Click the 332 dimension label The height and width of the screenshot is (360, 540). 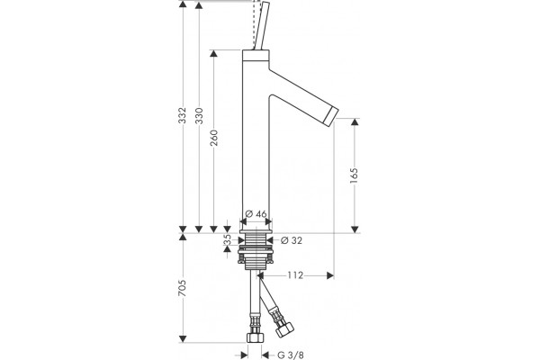click(x=182, y=115)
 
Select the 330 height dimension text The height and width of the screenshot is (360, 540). click(x=199, y=116)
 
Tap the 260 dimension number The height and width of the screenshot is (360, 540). click(x=214, y=138)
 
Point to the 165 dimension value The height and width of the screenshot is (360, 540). click(x=354, y=175)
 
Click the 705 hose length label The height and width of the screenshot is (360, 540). click(x=182, y=288)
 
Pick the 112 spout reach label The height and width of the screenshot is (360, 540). click(x=295, y=275)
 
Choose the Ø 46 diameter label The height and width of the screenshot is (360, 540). click(x=256, y=214)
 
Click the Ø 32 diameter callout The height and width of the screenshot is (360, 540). click(x=292, y=240)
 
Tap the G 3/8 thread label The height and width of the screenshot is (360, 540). click(x=291, y=355)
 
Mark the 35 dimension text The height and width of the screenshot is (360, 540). click(x=228, y=239)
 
